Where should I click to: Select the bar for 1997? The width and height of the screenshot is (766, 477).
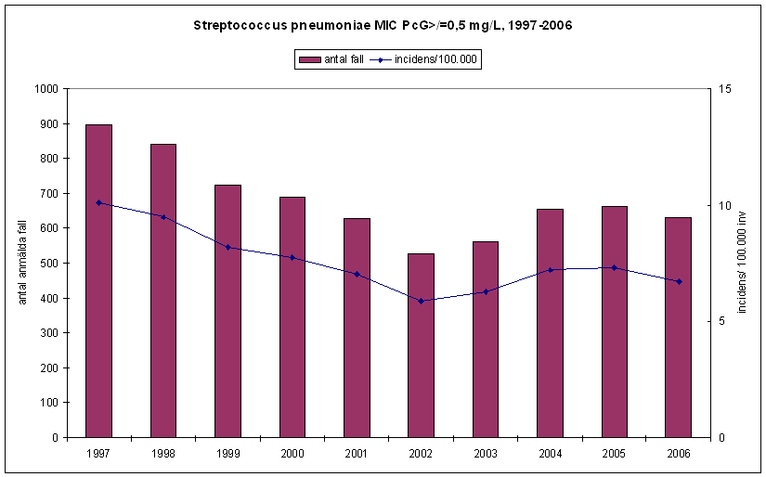point(98,280)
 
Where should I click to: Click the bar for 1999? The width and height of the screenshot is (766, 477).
point(227,311)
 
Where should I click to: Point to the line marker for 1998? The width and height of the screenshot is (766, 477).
point(163,217)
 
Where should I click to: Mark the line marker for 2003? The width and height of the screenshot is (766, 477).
point(486,291)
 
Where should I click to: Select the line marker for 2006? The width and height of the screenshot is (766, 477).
point(679,281)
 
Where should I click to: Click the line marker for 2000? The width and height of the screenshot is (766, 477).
point(292,257)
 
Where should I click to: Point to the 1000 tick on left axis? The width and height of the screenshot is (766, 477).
point(45,89)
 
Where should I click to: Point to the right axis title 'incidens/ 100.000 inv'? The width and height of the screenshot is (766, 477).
point(743,262)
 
